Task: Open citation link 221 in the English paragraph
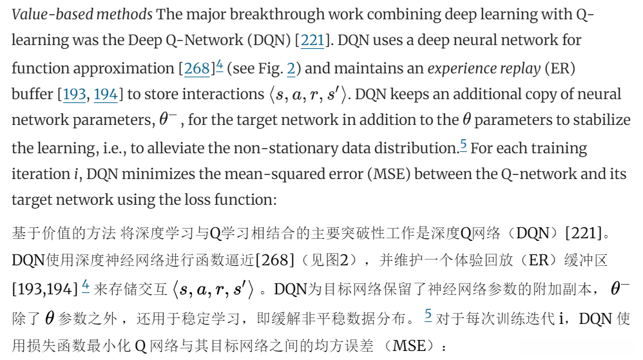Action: [x=312, y=40]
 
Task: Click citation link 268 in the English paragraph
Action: [x=197, y=68]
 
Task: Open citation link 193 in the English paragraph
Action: [x=75, y=95]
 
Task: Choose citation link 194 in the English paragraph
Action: [x=106, y=95]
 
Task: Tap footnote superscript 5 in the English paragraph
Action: [x=463, y=144]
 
